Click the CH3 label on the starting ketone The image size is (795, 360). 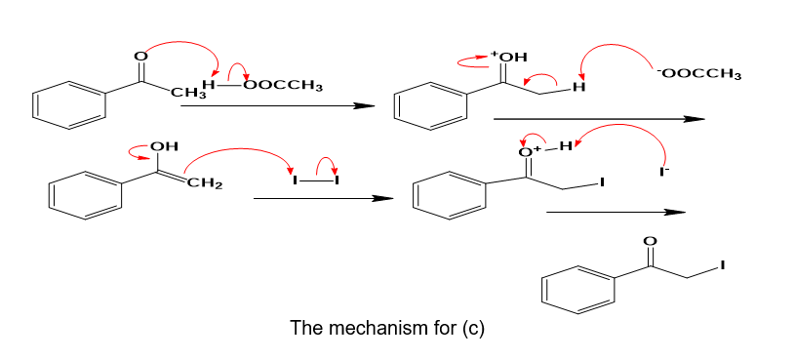[184, 94]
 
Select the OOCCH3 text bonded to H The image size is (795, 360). [283, 85]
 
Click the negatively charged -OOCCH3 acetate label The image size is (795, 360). [698, 74]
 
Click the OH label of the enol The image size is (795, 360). [165, 147]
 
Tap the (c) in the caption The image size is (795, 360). [473, 329]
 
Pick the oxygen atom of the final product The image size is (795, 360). [652, 241]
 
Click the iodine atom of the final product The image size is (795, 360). [723, 264]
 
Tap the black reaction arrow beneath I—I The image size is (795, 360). [324, 198]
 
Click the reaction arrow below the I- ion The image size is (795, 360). [616, 212]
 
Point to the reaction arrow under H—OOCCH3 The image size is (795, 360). [278, 105]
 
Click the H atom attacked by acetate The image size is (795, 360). [578, 88]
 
